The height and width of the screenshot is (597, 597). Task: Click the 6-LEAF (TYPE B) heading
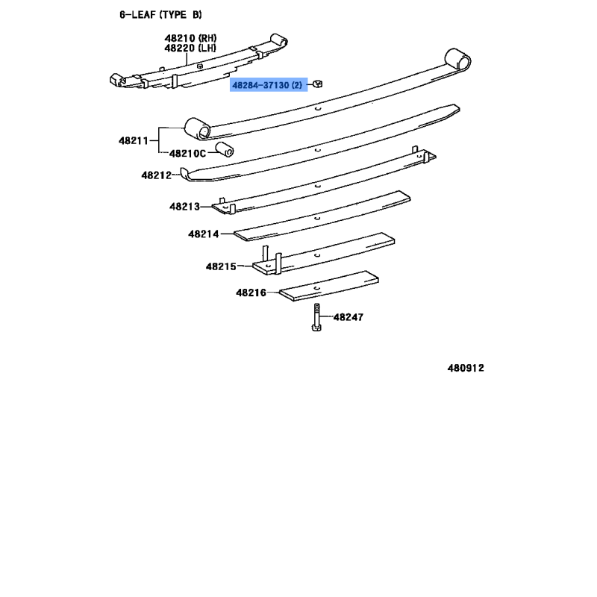160,15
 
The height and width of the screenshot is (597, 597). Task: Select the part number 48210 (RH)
190,38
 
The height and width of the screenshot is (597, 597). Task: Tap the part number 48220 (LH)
190,48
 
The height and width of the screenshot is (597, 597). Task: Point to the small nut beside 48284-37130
318,84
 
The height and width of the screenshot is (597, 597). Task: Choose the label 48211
134,141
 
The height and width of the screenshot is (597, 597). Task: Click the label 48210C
187,154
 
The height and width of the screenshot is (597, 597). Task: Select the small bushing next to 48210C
225,149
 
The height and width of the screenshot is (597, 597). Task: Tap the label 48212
157,175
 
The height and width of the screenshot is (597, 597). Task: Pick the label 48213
184,207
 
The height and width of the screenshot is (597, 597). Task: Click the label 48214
204,234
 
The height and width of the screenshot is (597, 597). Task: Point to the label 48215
221,266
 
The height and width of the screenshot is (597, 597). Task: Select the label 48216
251,293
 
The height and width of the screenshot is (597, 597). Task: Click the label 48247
348,316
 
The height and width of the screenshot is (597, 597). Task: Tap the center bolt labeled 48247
316,317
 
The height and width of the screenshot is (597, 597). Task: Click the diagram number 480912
466,368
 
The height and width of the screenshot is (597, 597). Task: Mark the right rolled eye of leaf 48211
457,60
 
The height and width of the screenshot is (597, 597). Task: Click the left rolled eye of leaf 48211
197,128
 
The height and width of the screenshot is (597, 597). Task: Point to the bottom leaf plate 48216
329,286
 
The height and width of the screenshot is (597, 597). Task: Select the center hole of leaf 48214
316,219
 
